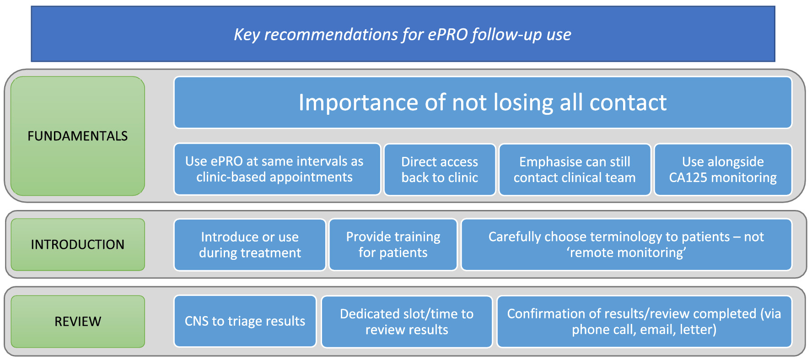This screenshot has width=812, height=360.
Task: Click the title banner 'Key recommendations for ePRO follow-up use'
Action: [x=403, y=34]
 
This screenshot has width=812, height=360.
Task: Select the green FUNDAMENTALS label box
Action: [x=78, y=136]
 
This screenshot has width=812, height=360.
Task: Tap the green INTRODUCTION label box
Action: [x=78, y=244]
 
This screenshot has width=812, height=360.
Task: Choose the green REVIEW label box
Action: [x=78, y=321]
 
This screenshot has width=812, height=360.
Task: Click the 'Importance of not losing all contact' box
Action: [x=483, y=102]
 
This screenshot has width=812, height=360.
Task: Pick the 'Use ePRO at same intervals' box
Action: [x=277, y=169]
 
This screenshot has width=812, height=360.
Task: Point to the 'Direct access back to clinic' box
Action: [x=440, y=170]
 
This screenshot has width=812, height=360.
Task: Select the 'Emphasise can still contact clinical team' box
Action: [x=575, y=170]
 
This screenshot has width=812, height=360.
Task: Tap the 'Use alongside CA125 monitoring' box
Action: [x=723, y=170]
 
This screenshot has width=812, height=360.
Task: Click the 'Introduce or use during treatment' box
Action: [x=250, y=245]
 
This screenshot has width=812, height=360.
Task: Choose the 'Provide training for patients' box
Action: [x=393, y=245]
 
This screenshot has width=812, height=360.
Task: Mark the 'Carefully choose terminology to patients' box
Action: [x=626, y=245]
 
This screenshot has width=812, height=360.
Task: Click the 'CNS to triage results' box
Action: [x=245, y=321]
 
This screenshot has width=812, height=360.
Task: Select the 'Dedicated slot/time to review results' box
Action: [x=407, y=322]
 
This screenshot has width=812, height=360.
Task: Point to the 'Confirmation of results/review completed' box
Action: [x=644, y=322]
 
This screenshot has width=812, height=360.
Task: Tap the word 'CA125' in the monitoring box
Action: [x=688, y=177]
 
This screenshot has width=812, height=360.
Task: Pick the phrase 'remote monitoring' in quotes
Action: [x=626, y=253]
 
